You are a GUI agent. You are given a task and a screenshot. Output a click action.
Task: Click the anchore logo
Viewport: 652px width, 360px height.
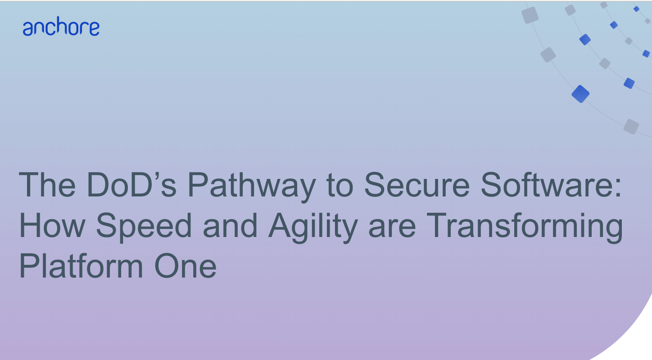pyautogui.click(x=61, y=26)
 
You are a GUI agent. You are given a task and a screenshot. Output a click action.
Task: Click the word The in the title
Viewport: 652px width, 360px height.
pyautogui.click(x=47, y=185)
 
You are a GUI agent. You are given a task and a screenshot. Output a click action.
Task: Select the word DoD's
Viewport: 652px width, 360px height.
pyautogui.click(x=131, y=185)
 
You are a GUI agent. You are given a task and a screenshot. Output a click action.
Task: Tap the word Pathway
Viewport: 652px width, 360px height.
pyautogui.click(x=252, y=187)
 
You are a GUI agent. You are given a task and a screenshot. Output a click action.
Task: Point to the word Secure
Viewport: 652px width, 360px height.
pyautogui.click(x=417, y=185)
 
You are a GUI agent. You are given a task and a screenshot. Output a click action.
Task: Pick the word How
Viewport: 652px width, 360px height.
pyautogui.click(x=52, y=226)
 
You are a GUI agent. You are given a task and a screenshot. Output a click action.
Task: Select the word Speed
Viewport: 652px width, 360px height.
pyautogui.click(x=144, y=228)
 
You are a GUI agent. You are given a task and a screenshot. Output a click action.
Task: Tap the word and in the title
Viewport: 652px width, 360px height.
pyautogui.click(x=230, y=225)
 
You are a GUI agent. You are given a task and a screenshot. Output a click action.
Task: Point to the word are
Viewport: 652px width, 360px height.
pyautogui.click(x=392, y=228)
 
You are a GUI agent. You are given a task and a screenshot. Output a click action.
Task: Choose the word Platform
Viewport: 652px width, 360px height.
pyautogui.click(x=81, y=266)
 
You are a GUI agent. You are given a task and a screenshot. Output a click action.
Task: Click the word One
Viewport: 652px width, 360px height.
pyautogui.click(x=186, y=266)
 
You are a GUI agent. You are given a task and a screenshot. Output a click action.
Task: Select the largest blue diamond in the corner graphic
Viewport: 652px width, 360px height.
pyautogui.click(x=580, y=94)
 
